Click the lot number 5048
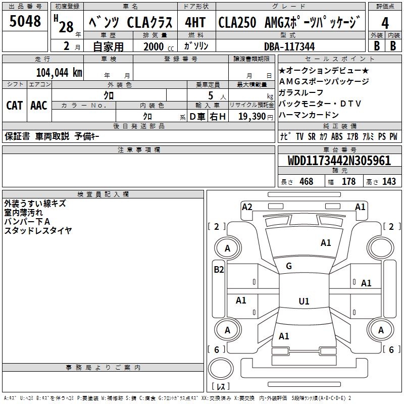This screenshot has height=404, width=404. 25,21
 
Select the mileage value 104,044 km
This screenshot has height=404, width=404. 59,72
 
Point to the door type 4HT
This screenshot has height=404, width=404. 195,23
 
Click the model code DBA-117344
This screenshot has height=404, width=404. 289,46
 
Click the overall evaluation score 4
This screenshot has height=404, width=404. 385,23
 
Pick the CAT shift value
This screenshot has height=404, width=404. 14,106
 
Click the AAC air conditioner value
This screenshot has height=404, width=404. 39,106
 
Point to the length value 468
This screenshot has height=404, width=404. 306,181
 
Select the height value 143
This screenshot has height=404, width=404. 389,181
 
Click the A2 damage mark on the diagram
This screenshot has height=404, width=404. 247,207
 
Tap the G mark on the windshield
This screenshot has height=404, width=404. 289,266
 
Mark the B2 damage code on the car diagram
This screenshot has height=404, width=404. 219,270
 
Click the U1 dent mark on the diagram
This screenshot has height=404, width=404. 304,301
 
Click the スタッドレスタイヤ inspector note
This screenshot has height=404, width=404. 38,230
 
